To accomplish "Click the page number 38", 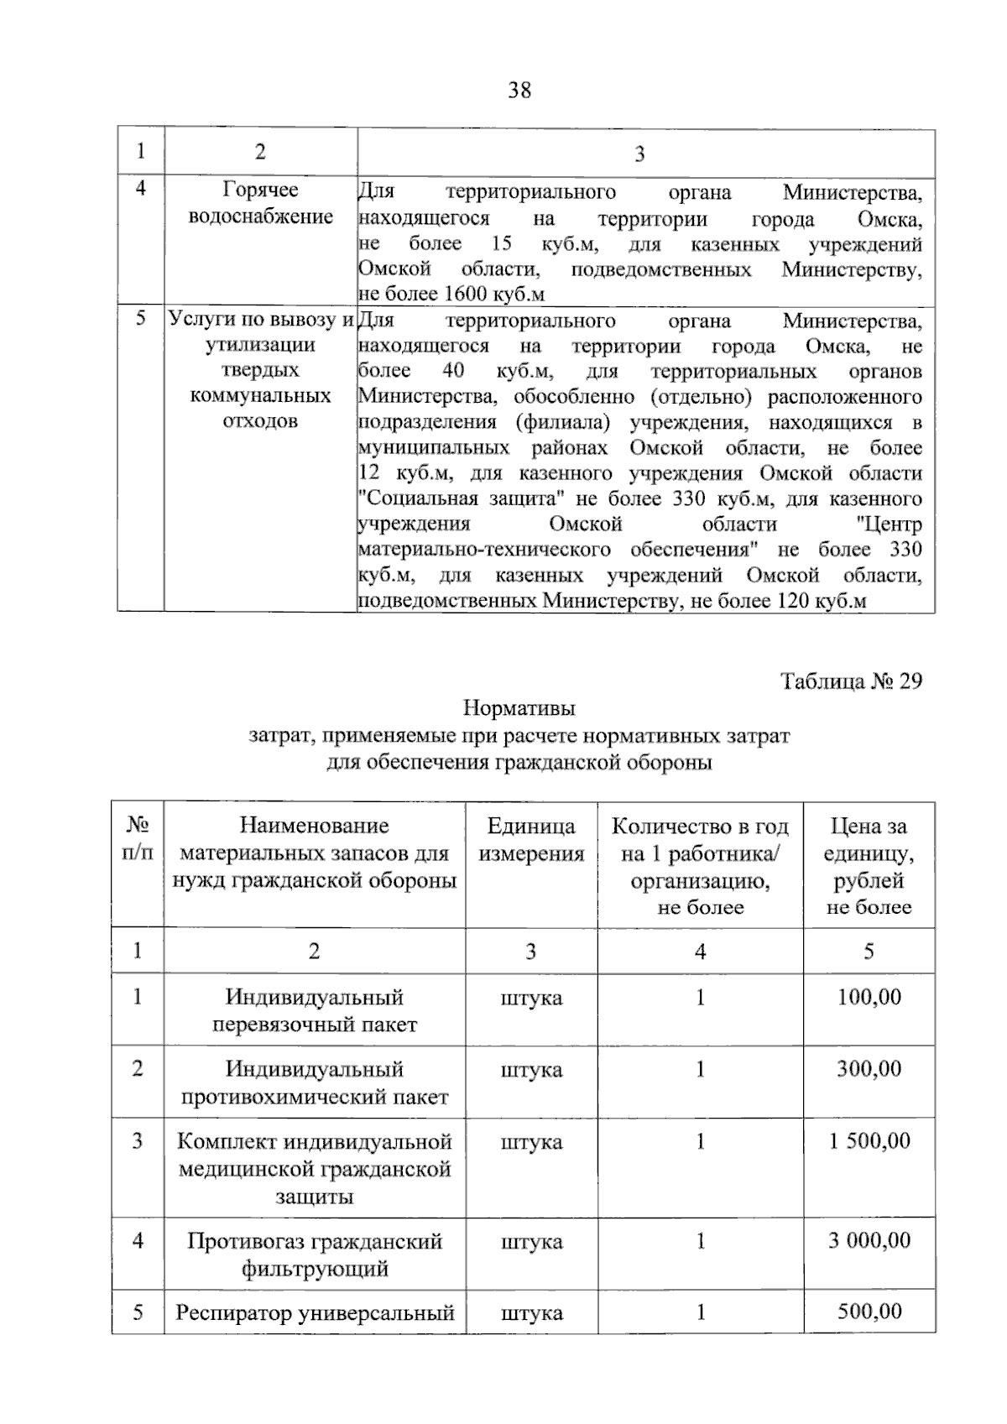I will [519, 90].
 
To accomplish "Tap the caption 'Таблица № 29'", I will [851, 681].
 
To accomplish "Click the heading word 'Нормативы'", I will [519, 708].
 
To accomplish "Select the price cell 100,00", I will [869, 997].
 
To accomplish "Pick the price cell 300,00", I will [869, 1069].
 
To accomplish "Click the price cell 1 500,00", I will [869, 1141].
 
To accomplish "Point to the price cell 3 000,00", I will [869, 1240].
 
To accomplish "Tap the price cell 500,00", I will [869, 1312].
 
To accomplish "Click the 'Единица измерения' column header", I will [530, 840].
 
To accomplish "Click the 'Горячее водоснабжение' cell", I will [260, 203].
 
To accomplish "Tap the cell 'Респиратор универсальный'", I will [315, 1313].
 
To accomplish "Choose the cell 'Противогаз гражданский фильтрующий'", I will [315, 1254].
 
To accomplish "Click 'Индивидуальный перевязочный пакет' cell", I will [315, 1010].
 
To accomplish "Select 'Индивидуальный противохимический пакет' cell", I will [315, 1082].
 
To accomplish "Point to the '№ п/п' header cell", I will [138, 839].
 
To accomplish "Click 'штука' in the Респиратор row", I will [531, 1313].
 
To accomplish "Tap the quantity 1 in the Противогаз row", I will [700, 1241].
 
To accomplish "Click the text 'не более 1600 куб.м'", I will [451, 295].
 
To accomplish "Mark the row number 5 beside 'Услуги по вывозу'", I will [141, 319].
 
